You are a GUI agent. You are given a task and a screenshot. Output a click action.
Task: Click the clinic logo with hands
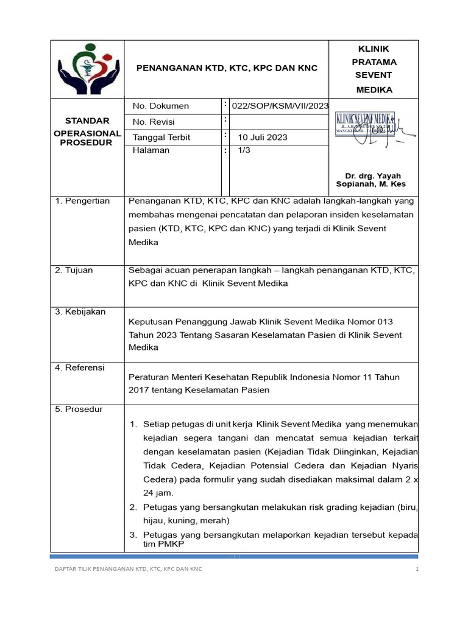(87, 69)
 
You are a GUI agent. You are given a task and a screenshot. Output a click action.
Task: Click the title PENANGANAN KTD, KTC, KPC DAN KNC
(226, 68)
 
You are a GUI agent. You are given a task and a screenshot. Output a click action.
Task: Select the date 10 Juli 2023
(262, 137)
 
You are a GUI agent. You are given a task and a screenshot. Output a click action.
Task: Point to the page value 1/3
(244, 151)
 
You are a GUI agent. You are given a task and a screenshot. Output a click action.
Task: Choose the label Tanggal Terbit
(161, 137)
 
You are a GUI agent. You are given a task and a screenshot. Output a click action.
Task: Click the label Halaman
(151, 151)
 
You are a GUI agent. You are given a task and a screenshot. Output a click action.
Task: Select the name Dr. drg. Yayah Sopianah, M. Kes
(372, 180)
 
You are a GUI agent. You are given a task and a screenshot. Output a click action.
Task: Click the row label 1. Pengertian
(82, 201)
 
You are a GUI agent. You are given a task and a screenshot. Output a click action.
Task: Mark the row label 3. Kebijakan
(80, 312)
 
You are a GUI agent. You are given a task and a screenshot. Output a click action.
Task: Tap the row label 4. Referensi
(80, 368)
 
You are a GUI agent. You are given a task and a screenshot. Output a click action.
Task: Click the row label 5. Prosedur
(79, 409)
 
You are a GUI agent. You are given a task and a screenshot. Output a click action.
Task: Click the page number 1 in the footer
(417, 569)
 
